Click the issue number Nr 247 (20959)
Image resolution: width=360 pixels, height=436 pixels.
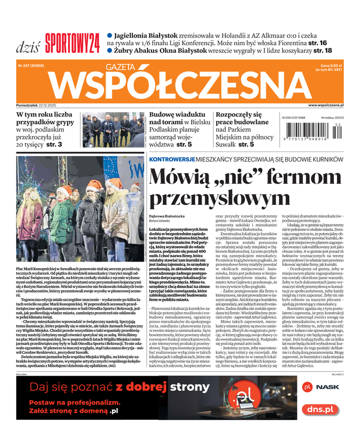(32, 65)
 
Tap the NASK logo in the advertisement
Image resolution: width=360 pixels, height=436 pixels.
(326, 386)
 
